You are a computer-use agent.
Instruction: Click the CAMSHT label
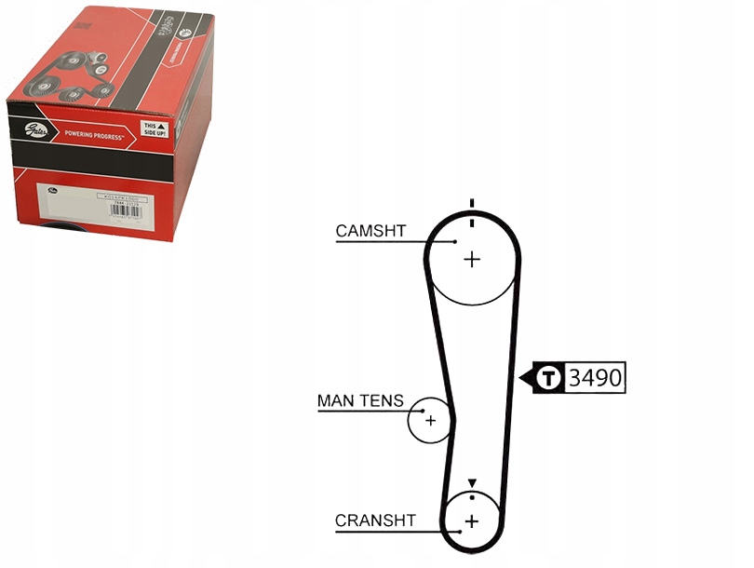coord(370,230)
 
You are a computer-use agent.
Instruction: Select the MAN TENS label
coord(360,401)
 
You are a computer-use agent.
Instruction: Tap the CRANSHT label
coord(375,521)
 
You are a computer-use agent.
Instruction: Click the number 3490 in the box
coord(595,378)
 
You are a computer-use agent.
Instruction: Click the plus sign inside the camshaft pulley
coord(472,259)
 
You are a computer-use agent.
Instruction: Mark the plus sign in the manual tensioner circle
coord(430,420)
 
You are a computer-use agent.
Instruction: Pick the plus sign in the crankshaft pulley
coord(471,521)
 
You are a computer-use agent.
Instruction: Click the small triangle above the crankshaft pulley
coord(472,482)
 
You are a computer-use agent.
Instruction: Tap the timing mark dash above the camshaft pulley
coord(472,204)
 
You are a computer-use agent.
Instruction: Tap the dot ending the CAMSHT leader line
coord(455,241)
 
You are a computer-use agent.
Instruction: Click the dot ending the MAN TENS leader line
coord(424,410)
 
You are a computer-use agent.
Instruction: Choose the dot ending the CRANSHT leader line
coord(457,532)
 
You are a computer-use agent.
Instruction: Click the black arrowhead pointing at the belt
coord(523,378)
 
